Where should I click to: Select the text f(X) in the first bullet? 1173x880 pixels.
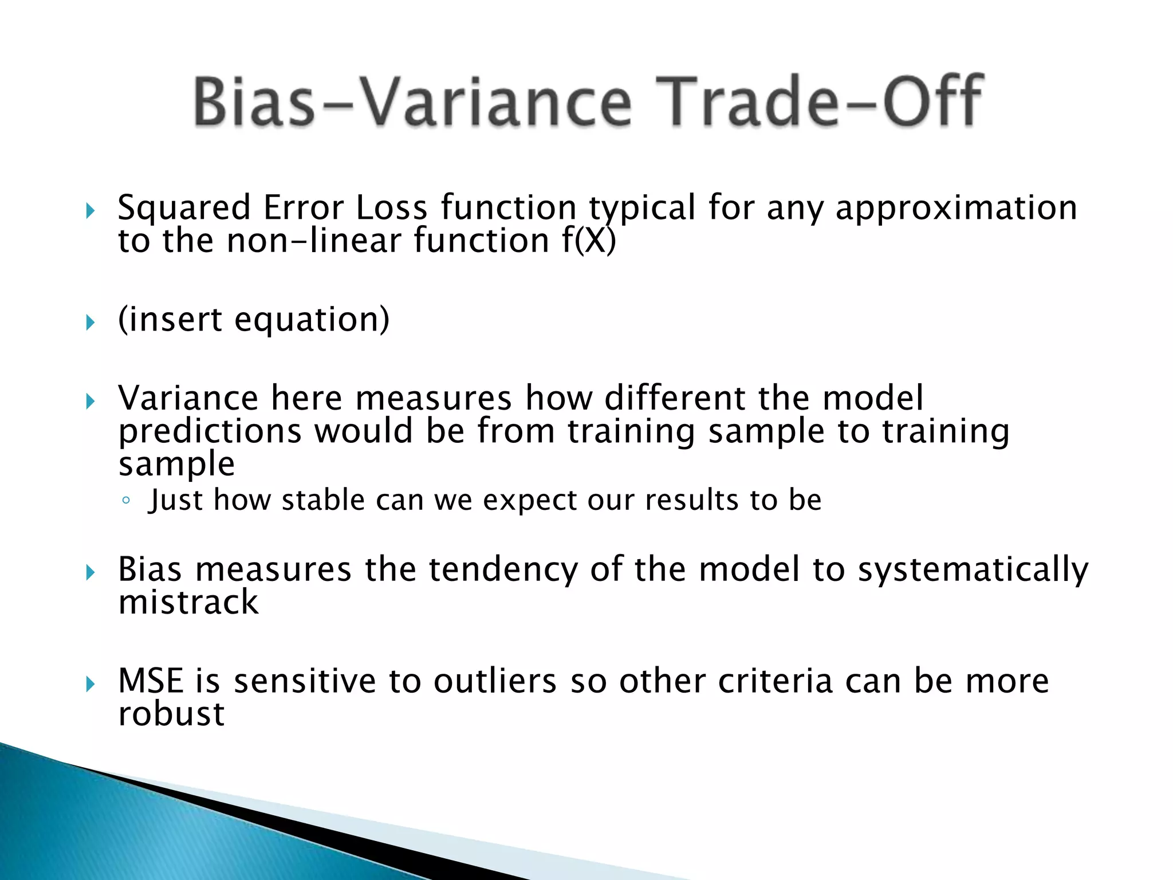point(589,241)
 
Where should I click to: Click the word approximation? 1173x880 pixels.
point(956,209)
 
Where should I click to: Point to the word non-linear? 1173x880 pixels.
point(314,241)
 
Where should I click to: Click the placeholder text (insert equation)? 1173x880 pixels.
point(254,320)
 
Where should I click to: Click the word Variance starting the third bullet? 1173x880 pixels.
point(188,398)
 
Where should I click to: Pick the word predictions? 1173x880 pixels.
point(210,431)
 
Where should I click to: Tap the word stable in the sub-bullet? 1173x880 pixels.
point(323,500)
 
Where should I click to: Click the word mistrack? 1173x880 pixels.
point(188,603)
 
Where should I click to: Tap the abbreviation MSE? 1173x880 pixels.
point(151,681)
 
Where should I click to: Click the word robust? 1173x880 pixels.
point(171,714)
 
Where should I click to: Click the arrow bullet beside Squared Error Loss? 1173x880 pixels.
point(90,211)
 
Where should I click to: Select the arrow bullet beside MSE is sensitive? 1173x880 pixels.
point(90,684)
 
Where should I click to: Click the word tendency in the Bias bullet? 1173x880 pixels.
point(503,570)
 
